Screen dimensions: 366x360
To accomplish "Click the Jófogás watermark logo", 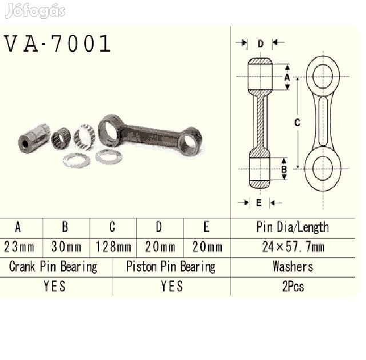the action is pos(35,10).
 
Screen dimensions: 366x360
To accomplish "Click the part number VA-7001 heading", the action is pos(57,43).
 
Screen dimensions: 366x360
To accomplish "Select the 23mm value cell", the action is pos(19,247).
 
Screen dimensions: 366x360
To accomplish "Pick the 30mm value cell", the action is pos(66,247).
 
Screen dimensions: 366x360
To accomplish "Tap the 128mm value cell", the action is pos(113,247).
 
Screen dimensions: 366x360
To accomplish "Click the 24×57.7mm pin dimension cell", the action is pos(293,247).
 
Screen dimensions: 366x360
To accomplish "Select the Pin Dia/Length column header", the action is pos(293,227).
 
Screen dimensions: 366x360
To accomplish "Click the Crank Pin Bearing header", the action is pos(53,267).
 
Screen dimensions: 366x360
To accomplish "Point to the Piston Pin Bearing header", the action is pos(171,267).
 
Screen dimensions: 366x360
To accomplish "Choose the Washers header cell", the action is pos(293,266).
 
